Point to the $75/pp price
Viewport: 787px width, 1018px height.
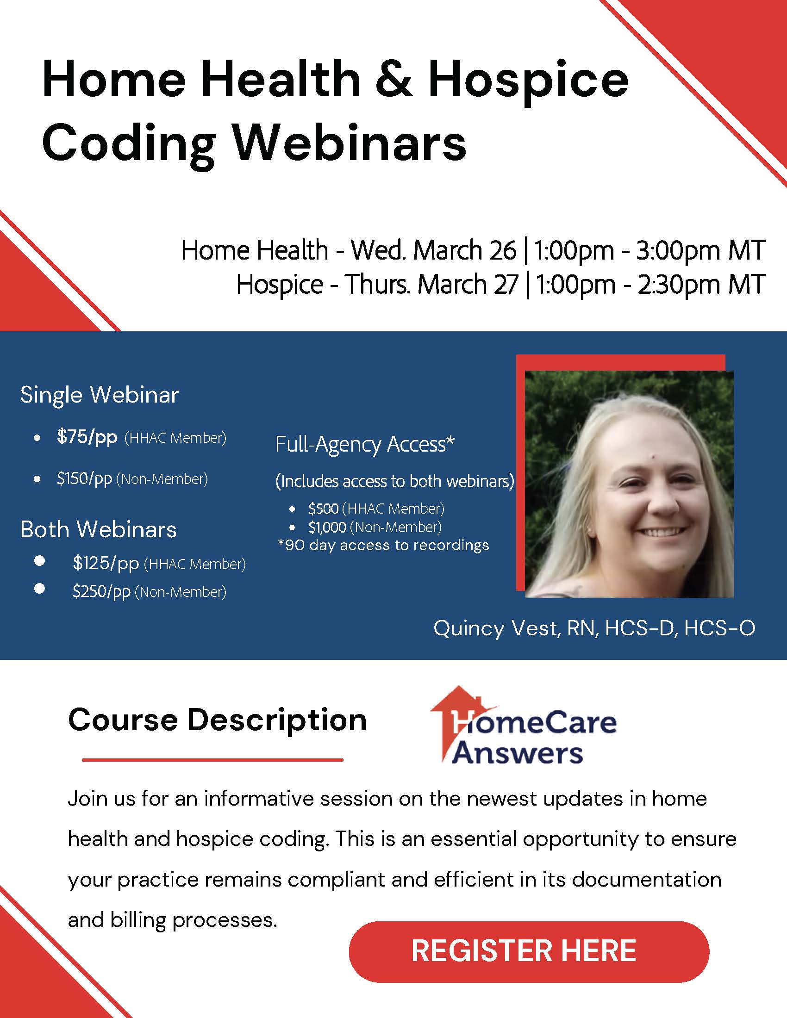[87, 437]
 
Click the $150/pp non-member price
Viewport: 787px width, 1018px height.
[84, 479]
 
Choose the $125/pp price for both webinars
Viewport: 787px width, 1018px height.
[106, 564]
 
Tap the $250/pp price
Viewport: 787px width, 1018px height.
[101, 591]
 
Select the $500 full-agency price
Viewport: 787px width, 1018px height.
[323, 508]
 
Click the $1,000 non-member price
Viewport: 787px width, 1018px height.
[327, 527]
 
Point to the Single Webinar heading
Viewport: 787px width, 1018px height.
[100, 395]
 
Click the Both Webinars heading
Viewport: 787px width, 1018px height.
[98, 529]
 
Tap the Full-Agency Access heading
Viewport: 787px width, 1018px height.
[365, 444]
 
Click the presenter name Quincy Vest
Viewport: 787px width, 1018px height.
[495, 628]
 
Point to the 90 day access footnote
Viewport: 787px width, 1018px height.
[383, 546]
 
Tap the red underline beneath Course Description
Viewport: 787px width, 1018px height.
[212, 760]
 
